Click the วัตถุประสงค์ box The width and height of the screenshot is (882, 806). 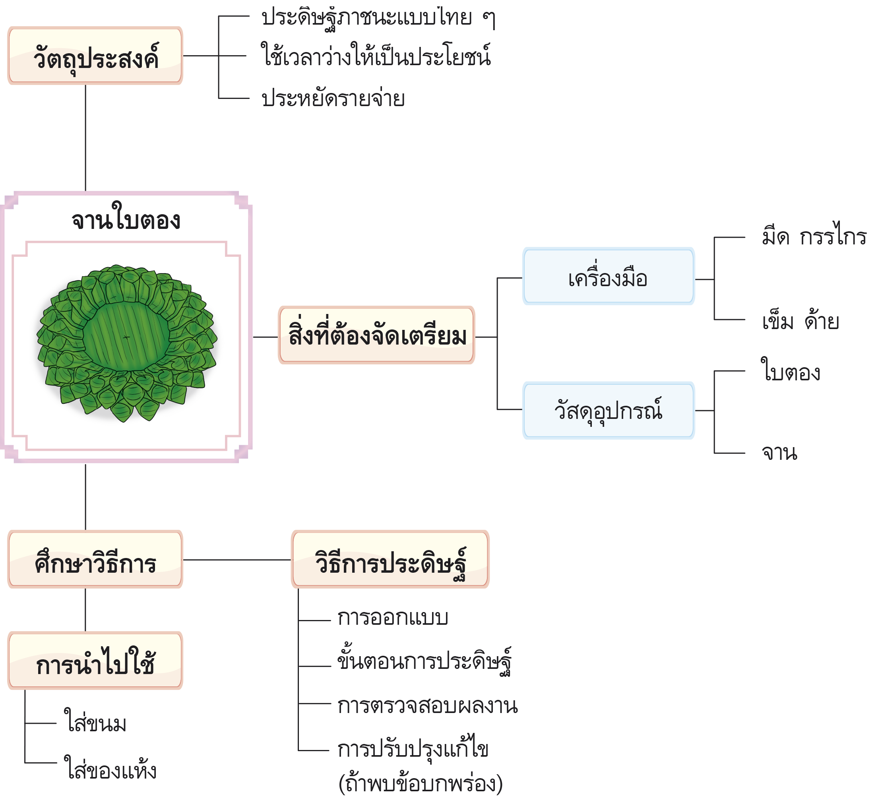coord(95,56)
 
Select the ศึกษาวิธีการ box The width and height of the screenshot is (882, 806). coord(95,560)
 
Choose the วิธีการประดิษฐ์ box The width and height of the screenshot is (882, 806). coord(390,560)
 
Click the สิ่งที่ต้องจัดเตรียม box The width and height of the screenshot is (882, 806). coord(376,335)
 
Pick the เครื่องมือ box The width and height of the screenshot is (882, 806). coord(608,277)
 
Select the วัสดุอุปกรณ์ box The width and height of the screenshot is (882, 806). coord(608,411)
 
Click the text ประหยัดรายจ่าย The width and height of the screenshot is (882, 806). coord(333,99)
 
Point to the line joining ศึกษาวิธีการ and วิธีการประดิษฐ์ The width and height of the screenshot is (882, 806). coord(236,560)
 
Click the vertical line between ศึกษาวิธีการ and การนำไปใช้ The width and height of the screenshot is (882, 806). coord(85,610)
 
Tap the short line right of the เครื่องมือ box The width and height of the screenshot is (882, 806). coord(704,279)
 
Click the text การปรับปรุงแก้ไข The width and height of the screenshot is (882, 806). coord(413,749)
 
